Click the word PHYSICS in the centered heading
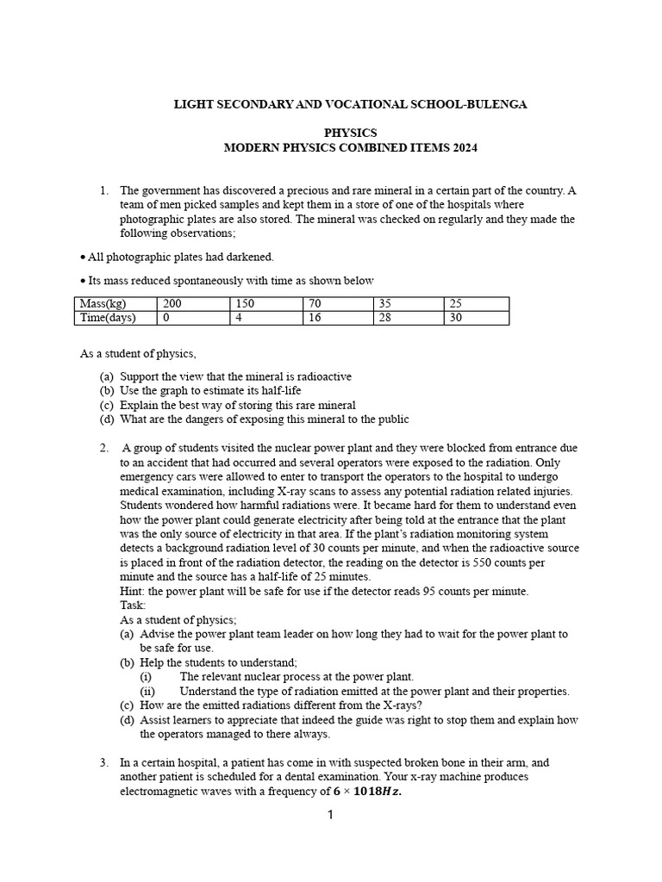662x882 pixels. point(350,133)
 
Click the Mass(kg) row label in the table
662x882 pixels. point(103,304)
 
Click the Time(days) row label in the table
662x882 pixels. point(106,318)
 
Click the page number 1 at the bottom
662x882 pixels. point(330,815)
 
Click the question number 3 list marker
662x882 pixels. point(103,762)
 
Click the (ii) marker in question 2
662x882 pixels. point(147,691)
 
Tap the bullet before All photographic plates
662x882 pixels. point(83,258)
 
